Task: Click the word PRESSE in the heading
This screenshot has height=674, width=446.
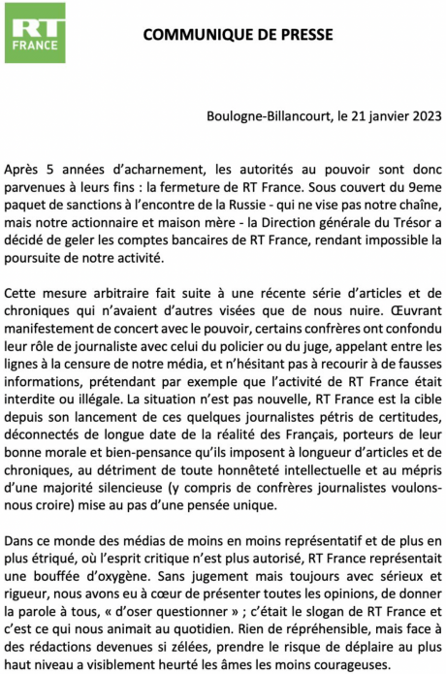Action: pos(303,34)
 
